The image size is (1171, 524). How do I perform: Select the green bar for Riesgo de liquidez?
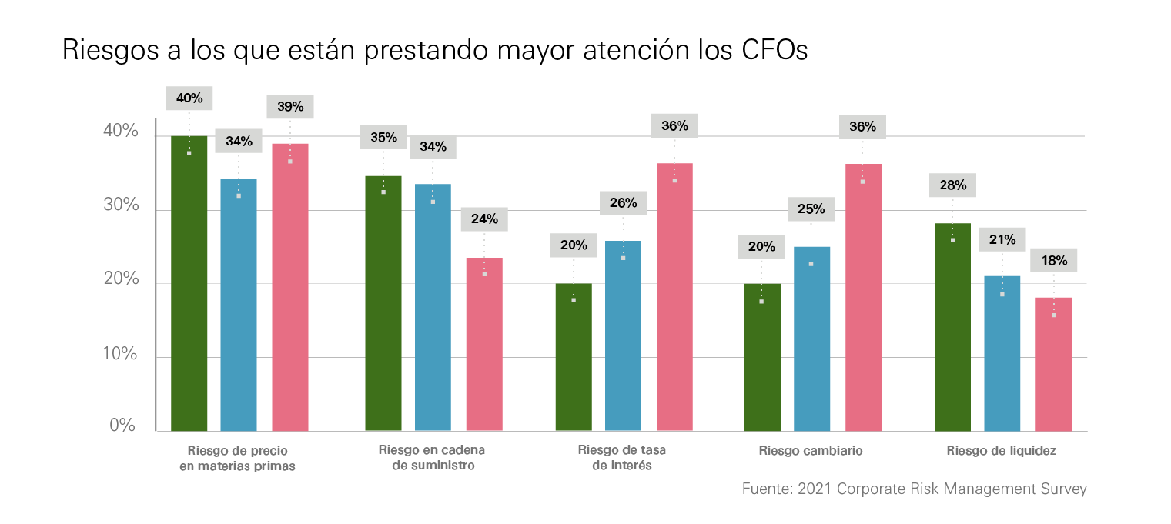[952, 327]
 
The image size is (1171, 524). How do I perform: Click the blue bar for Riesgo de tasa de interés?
[623, 335]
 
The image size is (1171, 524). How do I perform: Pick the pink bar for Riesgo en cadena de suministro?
[484, 344]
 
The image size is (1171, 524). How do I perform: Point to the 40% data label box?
[189, 98]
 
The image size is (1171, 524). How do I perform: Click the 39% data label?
[290, 107]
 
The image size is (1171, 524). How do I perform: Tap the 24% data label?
[484, 219]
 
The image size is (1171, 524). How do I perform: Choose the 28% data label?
[952, 185]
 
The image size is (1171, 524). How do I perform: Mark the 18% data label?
[1053, 260]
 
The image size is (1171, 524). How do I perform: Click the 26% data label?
[623, 203]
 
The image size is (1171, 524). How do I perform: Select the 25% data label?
[811, 209]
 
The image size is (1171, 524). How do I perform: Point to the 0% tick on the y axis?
[122, 426]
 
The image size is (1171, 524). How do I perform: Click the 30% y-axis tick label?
[121, 205]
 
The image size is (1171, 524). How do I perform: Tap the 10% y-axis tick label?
[121, 354]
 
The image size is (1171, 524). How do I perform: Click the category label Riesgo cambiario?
[811, 451]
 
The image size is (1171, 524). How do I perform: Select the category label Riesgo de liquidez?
[1001, 451]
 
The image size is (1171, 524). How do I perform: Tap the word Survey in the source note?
[1062, 489]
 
